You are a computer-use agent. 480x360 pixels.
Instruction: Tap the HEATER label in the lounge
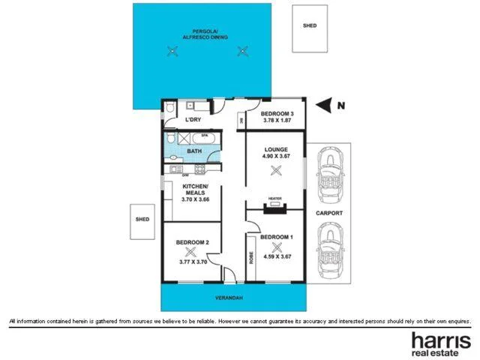point(274,199)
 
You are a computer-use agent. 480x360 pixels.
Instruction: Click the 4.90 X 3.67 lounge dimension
point(276,156)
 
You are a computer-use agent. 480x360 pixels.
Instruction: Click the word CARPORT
point(329,213)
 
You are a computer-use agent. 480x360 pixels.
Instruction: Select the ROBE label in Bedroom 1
point(250,257)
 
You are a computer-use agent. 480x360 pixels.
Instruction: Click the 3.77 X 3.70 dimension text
point(193,261)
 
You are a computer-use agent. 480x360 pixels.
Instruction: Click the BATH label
point(194,151)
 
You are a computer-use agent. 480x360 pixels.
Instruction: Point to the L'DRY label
point(193,119)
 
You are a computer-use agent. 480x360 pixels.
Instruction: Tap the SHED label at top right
point(310,25)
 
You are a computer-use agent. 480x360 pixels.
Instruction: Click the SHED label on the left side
point(142,220)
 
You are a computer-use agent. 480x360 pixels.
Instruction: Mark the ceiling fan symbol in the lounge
point(275,171)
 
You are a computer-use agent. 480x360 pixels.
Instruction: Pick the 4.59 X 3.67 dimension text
point(276,256)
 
